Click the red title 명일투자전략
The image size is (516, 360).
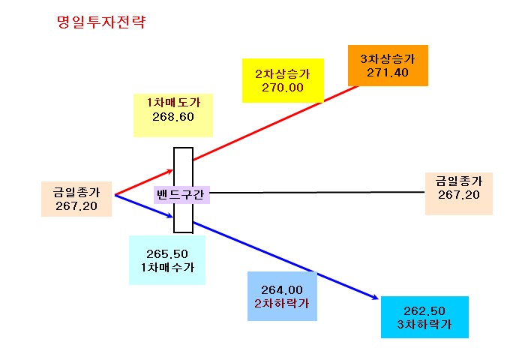click(x=101, y=22)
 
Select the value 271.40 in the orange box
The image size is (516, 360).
click(x=388, y=73)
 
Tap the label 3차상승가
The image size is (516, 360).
click(x=388, y=59)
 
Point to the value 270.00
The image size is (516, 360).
click(x=283, y=88)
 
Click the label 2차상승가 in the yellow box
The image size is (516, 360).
click(x=283, y=73)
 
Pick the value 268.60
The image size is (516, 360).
click(x=173, y=117)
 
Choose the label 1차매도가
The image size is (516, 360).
click(x=173, y=103)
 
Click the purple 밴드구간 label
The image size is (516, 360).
click(x=181, y=194)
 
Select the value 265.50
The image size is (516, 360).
click(x=167, y=254)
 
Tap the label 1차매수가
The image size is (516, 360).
click(x=167, y=268)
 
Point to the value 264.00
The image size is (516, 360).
click(x=282, y=290)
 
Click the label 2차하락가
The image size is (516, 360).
click(x=282, y=304)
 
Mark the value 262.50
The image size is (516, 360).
click(x=424, y=311)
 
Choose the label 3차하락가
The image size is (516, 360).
click(x=424, y=325)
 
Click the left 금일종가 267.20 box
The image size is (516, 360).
click(x=76, y=199)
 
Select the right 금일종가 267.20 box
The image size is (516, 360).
click(x=459, y=193)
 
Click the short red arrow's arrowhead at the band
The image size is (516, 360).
click(x=171, y=171)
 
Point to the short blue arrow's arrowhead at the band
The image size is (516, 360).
click(x=171, y=216)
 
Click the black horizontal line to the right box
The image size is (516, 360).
click(x=317, y=192)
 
